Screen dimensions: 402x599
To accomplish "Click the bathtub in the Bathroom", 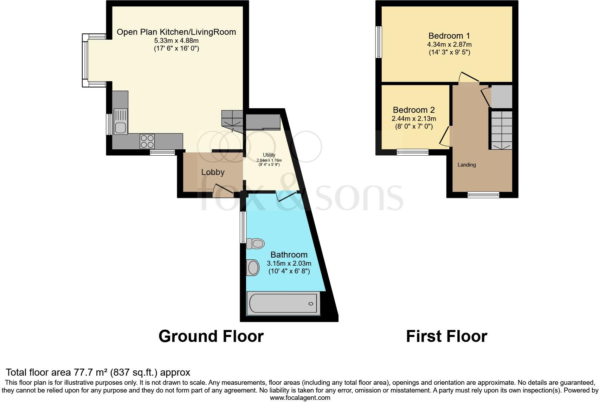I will (283, 303).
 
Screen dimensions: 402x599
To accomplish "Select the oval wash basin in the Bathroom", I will (253, 268).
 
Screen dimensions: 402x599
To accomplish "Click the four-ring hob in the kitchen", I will (147, 141).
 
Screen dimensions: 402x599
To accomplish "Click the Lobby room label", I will (213, 172).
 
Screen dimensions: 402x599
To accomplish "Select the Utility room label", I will (269, 155).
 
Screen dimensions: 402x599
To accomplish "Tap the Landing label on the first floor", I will (466, 165).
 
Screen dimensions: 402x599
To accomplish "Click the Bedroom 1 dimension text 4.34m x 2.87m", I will (449, 45).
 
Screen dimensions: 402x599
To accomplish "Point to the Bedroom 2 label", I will (414, 110).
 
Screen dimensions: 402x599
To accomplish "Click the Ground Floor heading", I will (211, 336).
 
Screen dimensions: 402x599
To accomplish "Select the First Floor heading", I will (446, 336).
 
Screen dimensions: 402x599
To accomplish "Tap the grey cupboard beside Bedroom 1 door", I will (502, 96).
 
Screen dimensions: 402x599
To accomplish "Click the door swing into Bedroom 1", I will (468, 77).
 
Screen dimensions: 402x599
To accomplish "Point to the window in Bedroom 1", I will (379, 42).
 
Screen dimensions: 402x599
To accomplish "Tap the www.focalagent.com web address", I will (300, 398).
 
